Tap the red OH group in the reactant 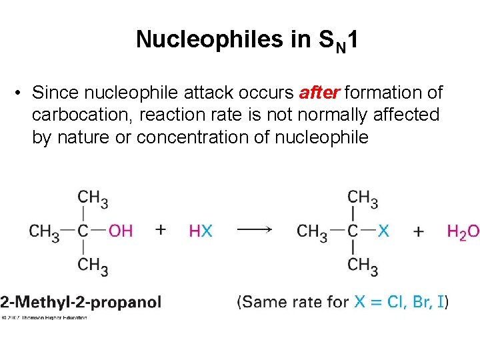(121, 231)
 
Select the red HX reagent (201, 231)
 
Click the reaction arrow (254, 230)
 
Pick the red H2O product (463, 232)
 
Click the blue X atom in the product (383, 231)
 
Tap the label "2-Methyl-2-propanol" (81, 302)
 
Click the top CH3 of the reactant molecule (93, 198)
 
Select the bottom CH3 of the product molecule (363, 266)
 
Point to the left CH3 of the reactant (44, 232)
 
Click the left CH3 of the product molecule (312, 232)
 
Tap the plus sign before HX (161, 230)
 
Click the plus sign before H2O (419, 231)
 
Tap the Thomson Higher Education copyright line (44, 317)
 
